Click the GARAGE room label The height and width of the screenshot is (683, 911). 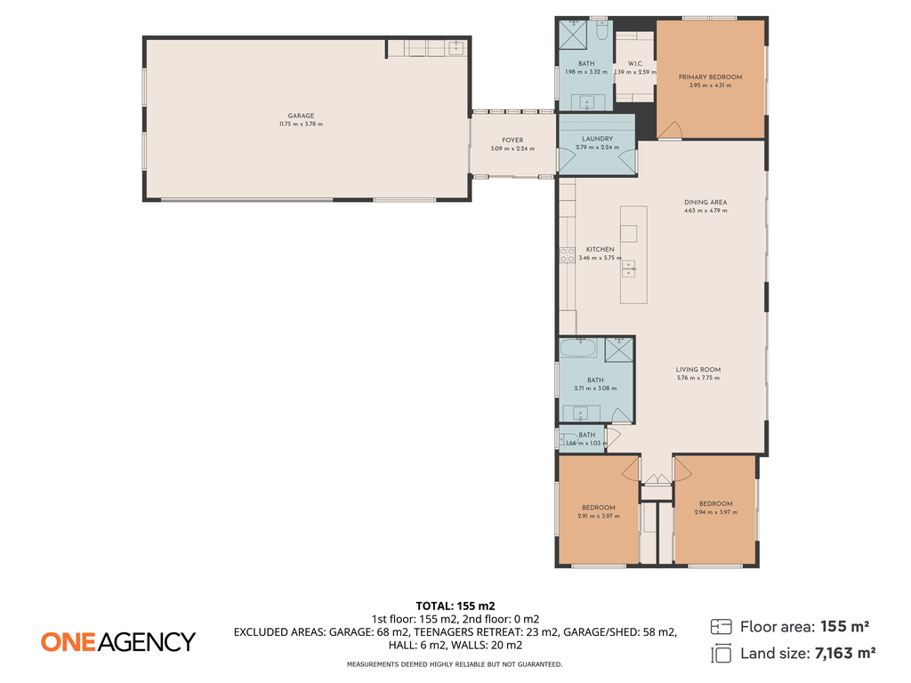click(301, 116)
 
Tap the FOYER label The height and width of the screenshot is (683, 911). click(512, 140)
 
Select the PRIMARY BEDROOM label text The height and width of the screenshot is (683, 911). click(710, 77)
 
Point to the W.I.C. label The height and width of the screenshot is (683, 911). click(635, 63)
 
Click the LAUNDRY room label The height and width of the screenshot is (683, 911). click(597, 139)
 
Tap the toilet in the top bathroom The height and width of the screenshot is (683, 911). click(601, 34)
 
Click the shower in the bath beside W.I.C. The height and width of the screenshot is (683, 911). click(572, 35)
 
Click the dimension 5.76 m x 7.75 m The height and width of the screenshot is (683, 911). click(697, 378)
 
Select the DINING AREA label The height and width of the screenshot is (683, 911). click(705, 202)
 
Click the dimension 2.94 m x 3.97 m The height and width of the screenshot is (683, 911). click(715, 512)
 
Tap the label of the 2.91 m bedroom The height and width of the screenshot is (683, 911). click(599, 508)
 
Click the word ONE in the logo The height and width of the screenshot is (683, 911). click(68, 641)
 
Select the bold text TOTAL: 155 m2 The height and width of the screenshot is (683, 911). click(455, 606)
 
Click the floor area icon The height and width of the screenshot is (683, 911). click(722, 627)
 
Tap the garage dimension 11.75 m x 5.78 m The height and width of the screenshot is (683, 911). click(301, 125)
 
